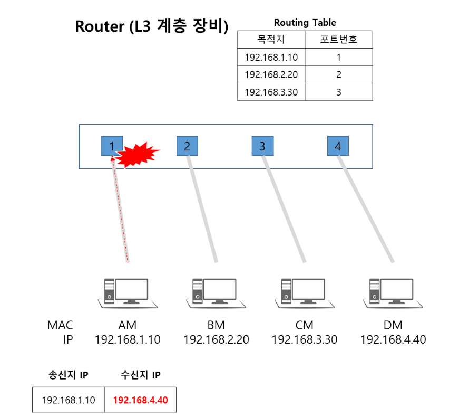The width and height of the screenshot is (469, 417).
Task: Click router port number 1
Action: [x=112, y=146]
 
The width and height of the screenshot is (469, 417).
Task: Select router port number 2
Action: [x=187, y=146]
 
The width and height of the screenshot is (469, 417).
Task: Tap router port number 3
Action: [x=262, y=146]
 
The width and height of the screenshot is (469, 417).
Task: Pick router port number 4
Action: [x=338, y=146]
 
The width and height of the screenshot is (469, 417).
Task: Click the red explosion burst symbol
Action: [x=138, y=154]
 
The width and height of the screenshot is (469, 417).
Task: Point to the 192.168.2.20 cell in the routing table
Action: [x=271, y=74]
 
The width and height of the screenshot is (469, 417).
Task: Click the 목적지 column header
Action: [x=271, y=39]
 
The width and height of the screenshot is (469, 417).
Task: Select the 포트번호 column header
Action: [x=339, y=39]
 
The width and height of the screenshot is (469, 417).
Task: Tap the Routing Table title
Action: [x=305, y=23]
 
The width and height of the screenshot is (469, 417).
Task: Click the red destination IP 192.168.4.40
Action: [x=141, y=400]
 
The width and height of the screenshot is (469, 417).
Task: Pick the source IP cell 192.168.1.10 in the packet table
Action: [x=69, y=400]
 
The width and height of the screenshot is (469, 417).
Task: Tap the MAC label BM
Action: [x=216, y=325]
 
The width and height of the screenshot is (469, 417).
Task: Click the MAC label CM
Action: [x=305, y=325]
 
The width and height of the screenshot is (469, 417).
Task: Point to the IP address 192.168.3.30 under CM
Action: [x=305, y=339]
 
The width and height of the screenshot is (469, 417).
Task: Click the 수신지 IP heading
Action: [x=141, y=375]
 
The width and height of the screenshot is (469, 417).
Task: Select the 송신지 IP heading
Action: [x=69, y=375]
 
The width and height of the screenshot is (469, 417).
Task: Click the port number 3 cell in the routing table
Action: [x=339, y=92]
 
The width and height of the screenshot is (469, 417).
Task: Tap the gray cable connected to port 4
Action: [x=366, y=209]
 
